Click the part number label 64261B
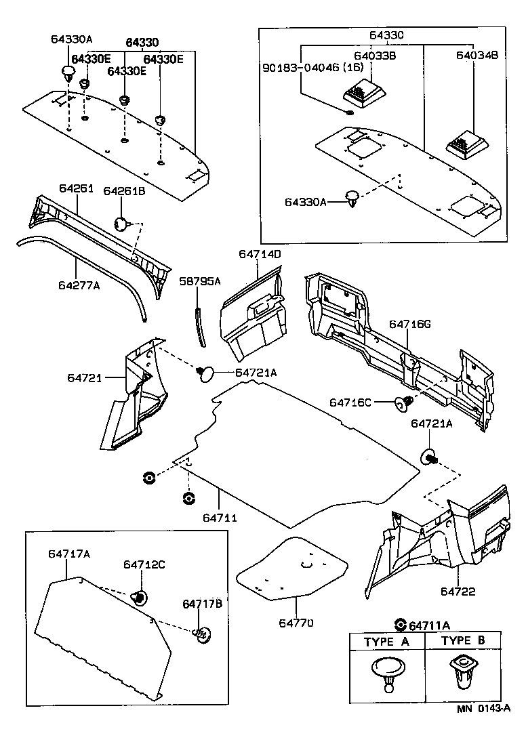click(x=124, y=192)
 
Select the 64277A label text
click(x=79, y=285)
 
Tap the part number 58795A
click(x=200, y=281)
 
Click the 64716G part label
click(x=410, y=325)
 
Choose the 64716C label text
click(x=350, y=402)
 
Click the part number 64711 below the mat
click(x=220, y=518)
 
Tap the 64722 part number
click(x=458, y=592)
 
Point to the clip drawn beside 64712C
click(x=140, y=597)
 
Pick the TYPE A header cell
click(x=386, y=641)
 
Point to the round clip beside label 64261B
click(x=121, y=223)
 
